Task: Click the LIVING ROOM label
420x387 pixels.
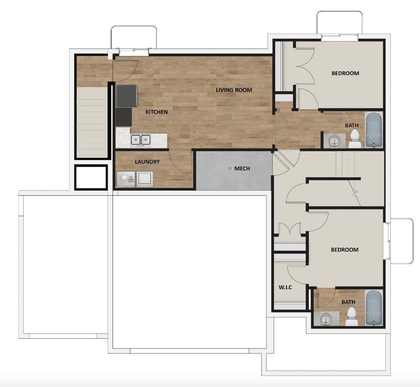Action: (234, 90)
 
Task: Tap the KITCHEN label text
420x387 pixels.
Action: (157, 112)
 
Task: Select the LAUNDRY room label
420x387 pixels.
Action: (147, 162)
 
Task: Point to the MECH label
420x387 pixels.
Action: (242, 169)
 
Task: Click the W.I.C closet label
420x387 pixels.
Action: (285, 287)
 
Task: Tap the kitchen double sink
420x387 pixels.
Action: (140, 140)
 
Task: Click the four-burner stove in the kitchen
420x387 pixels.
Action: (124, 117)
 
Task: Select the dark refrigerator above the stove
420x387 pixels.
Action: (126, 96)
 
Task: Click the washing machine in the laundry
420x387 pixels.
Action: (126, 179)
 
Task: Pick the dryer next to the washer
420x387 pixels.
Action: (145, 179)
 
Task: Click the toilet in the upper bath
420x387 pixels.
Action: (355, 139)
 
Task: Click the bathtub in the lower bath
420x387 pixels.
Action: (374, 308)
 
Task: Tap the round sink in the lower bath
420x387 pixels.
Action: (326, 319)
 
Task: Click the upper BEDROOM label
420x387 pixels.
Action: (345, 73)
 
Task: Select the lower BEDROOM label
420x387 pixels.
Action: (345, 250)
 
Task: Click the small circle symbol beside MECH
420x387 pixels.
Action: (230, 169)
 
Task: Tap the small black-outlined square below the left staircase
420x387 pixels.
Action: (91, 177)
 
